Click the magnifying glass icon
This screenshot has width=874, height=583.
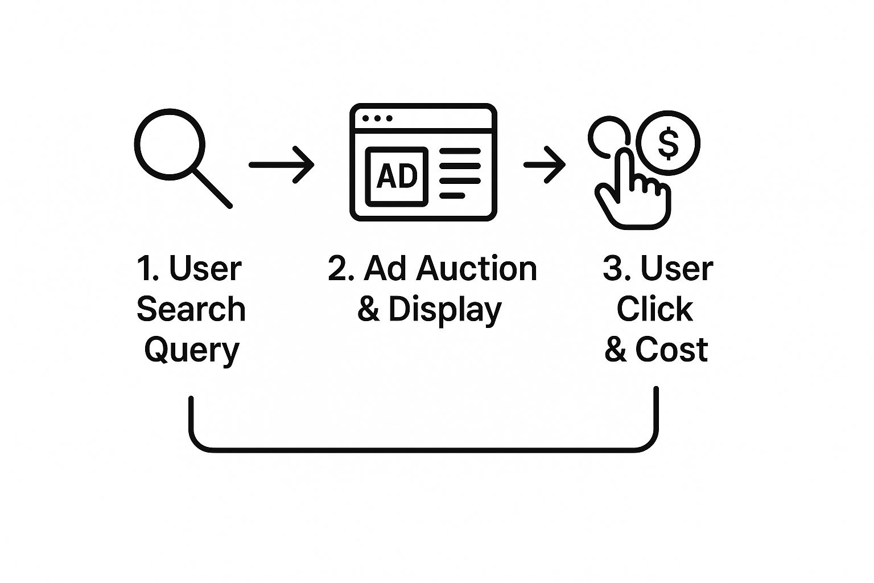coord(170,144)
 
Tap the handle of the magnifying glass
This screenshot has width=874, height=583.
coord(213,188)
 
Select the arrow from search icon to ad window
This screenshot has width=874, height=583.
coord(281,165)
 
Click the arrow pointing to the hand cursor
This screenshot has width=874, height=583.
coord(545,165)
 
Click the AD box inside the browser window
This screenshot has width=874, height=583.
coord(397,176)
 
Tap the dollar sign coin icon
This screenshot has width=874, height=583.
coord(669,142)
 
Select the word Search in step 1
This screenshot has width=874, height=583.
coord(191,309)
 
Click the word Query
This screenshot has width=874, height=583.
coord(191,350)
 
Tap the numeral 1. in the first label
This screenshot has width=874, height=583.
coord(147,268)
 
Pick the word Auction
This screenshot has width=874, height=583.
coord(476,268)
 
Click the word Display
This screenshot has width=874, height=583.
coord(444,309)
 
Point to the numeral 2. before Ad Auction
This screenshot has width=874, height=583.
coord(340,268)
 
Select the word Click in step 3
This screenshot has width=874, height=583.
coord(654,309)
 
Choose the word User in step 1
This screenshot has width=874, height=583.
coord(205,268)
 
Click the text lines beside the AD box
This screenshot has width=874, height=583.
coord(459,173)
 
